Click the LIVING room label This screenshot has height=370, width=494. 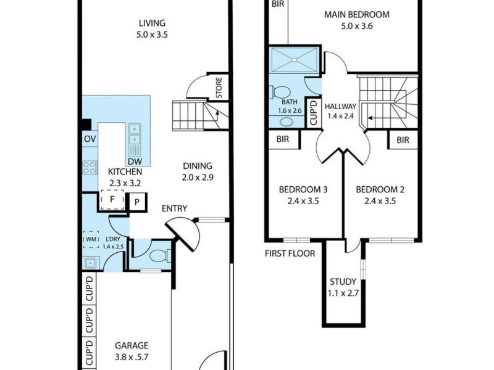153,24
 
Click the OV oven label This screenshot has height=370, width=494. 90,138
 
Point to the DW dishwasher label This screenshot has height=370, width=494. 135,161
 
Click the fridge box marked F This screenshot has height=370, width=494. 112,200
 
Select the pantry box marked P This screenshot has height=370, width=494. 136,202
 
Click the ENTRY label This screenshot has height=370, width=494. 174,209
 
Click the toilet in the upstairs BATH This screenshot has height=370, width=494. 279,90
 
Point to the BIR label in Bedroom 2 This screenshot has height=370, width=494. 403,140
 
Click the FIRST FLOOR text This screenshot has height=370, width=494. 290,253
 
